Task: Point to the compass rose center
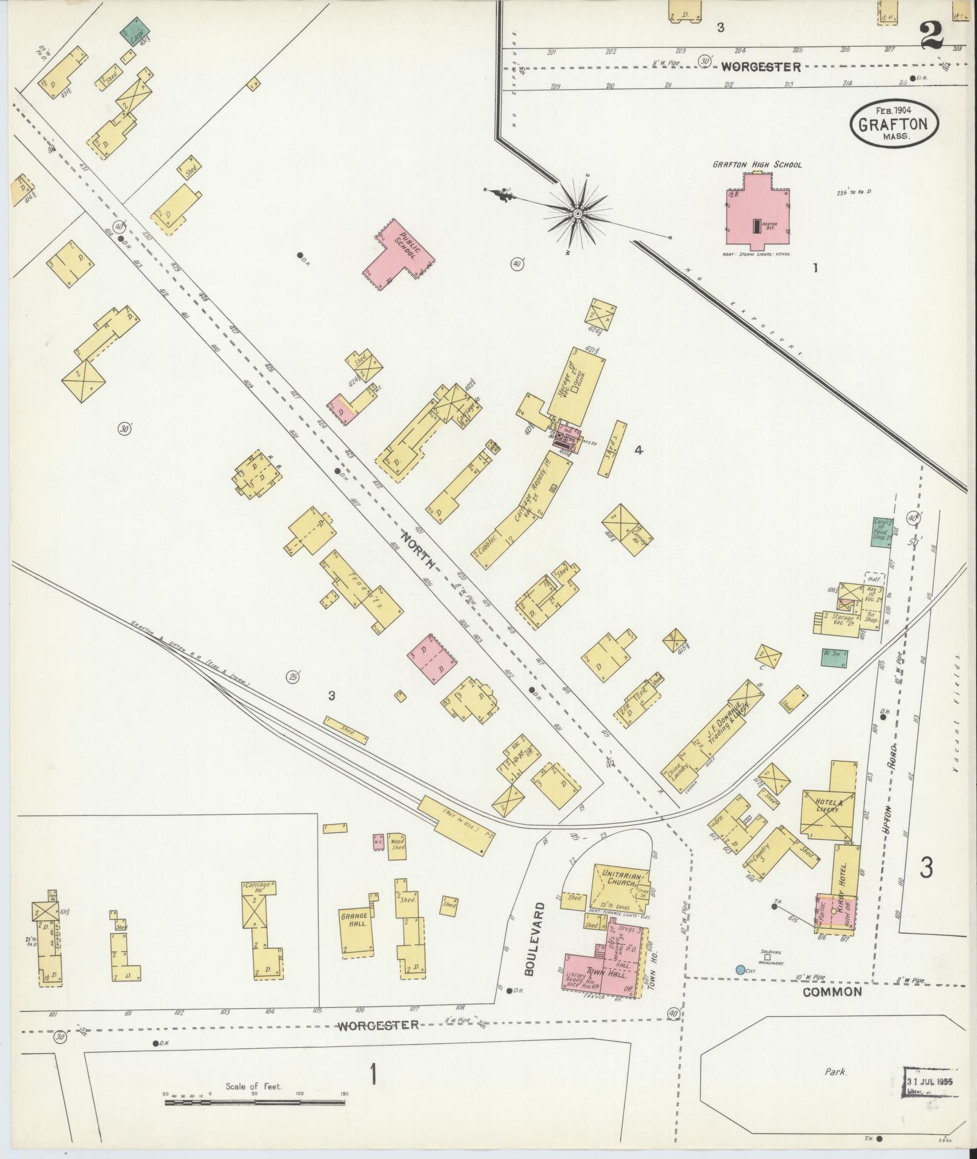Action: (x=578, y=214)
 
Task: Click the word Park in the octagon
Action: (x=835, y=1071)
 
